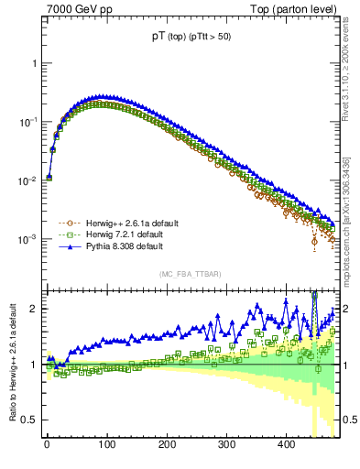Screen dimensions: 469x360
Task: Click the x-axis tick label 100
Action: coord(107,444)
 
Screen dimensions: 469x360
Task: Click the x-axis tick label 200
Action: coord(167,444)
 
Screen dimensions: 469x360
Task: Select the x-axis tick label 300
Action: coord(226,444)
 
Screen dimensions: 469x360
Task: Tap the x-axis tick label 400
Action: coord(286,444)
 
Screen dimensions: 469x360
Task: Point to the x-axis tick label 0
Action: coord(48,444)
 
